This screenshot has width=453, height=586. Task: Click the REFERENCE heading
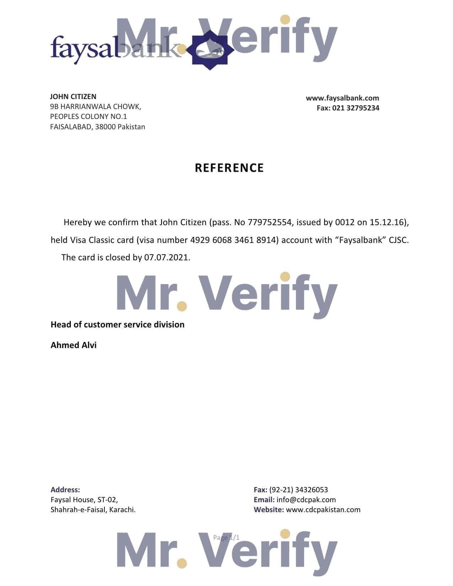click(x=229, y=168)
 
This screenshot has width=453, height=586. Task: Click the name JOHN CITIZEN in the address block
click(x=73, y=97)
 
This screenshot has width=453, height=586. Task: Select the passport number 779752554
click(x=270, y=223)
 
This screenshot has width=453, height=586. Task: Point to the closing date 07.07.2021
click(x=166, y=257)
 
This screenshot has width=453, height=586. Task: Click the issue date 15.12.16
click(x=387, y=223)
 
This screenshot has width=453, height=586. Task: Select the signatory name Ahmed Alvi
click(x=74, y=345)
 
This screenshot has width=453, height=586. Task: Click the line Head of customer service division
click(x=117, y=325)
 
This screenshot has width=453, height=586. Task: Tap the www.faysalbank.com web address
click(x=342, y=98)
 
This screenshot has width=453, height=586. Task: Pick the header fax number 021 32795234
click(x=356, y=108)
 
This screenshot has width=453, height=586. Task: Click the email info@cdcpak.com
click(x=306, y=500)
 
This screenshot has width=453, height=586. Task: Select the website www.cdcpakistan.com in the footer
click(x=323, y=510)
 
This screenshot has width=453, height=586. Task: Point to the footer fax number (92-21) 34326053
click(x=298, y=490)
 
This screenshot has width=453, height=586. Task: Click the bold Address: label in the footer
click(x=65, y=490)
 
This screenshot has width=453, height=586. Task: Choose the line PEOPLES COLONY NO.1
click(x=88, y=116)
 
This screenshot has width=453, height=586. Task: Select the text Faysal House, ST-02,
click(x=84, y=500)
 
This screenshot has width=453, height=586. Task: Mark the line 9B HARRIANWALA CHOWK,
click(x=96, y=107)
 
